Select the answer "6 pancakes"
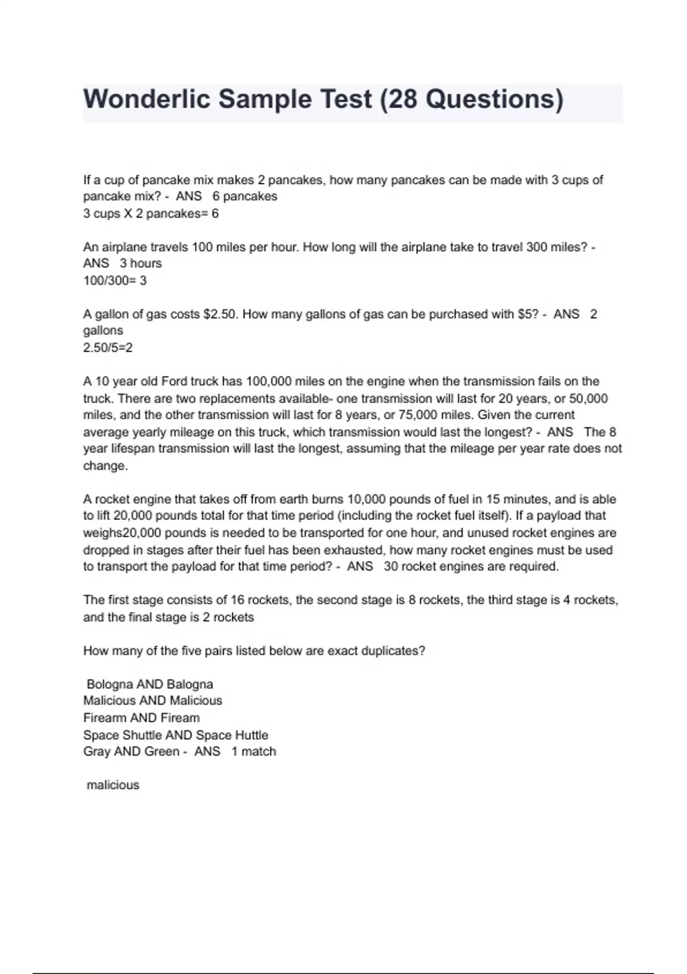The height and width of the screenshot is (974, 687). [x=244, y=197]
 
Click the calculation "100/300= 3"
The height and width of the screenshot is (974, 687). [x=114, y=281]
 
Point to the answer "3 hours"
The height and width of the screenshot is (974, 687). [x=140, y=264]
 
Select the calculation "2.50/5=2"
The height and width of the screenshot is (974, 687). [x=108, y=348]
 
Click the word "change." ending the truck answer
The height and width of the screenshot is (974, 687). [x=105, y=466]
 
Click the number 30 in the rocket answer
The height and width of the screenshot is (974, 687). [x=391, y=567]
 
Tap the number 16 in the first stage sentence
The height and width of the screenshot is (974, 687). [x=238, y=600]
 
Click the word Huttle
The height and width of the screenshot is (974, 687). [x=251, y=735]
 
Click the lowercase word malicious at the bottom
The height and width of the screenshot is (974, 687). [x=113, y=786]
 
